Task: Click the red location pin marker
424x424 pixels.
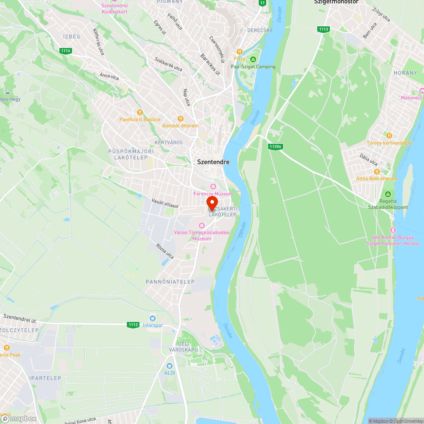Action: click(212, 202)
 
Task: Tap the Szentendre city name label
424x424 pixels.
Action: click(213, 162)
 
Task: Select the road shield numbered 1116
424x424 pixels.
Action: click(65, 51)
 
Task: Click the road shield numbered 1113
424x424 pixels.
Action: click(323, 29)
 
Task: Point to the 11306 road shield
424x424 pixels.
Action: click(275, 146)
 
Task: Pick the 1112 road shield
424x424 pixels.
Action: click(133, 325)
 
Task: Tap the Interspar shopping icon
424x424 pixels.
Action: click(153, 318)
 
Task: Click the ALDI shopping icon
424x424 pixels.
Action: click(170, 365)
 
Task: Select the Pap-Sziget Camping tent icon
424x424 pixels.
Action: click(253, 59)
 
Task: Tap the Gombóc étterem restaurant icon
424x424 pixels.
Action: click(180, 119)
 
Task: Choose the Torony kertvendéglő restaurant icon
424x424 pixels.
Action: click(389, 136)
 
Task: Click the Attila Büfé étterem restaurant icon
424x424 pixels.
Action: click(377, 171)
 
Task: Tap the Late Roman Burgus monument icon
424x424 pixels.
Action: click(393, 230)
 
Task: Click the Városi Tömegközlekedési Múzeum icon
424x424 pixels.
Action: click(201, 225)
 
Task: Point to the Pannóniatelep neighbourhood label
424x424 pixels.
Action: click(170, 282)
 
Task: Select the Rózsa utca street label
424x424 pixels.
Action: click(165, 251)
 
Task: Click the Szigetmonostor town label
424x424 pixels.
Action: click(336, 2)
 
